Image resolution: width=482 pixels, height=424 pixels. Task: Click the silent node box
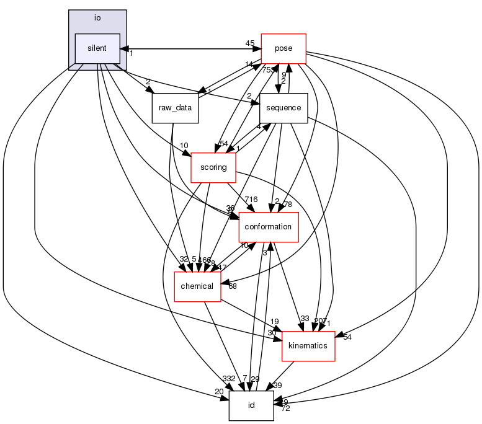pyautogui.click(x=97, y=48)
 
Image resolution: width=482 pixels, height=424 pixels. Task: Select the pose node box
pyautogui.click(x=283, y=48)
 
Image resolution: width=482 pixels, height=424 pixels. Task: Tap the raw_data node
pyautogui.click(x=175, y=108)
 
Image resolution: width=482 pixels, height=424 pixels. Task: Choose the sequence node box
pyautogui.click(x=283, y=108)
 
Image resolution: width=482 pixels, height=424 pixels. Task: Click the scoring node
pyautogui.click(x=213, y=167)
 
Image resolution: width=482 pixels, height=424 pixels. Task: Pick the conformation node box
pyautogui.click(x=269, y=227)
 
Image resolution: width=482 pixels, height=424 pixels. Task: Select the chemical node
pyautogui.click(x=197, y=286)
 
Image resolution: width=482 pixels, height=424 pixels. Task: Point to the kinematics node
pyautogui.click(x=308, y=345)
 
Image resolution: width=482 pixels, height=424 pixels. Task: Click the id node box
pyautogui.click(x=251, y=405)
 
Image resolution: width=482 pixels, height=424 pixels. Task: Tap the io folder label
pyautogui.click(x=97, y=17)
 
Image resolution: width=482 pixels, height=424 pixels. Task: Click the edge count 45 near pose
pyautogui.click(x=250, y=43)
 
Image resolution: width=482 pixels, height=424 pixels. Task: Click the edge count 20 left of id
pyautogui.click(x=219, y=391)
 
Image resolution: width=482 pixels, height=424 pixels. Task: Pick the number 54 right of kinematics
pyautogui.click(x=347, y=337)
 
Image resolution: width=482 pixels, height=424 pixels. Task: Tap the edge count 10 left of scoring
pyautogui.click(x=184, y=146)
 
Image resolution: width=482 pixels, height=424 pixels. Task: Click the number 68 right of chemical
pyautogui.click(x=233, y=286)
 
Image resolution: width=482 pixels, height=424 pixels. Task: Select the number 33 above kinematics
pyautogui.click(x=304, y=319)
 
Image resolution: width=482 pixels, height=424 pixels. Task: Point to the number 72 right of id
pyautogui.click(x=286, y=409)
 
